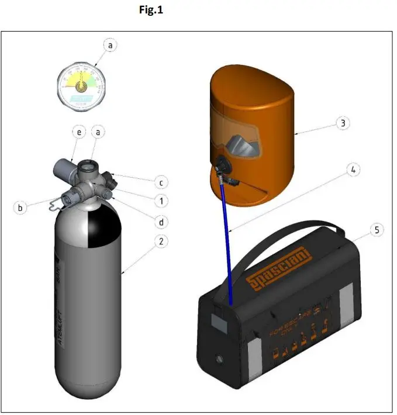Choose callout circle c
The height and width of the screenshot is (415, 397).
pos(160,182)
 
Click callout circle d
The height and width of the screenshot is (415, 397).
pos(160,220)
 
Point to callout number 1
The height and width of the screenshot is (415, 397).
pos(160,200)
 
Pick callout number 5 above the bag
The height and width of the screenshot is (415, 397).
pos(378,230)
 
